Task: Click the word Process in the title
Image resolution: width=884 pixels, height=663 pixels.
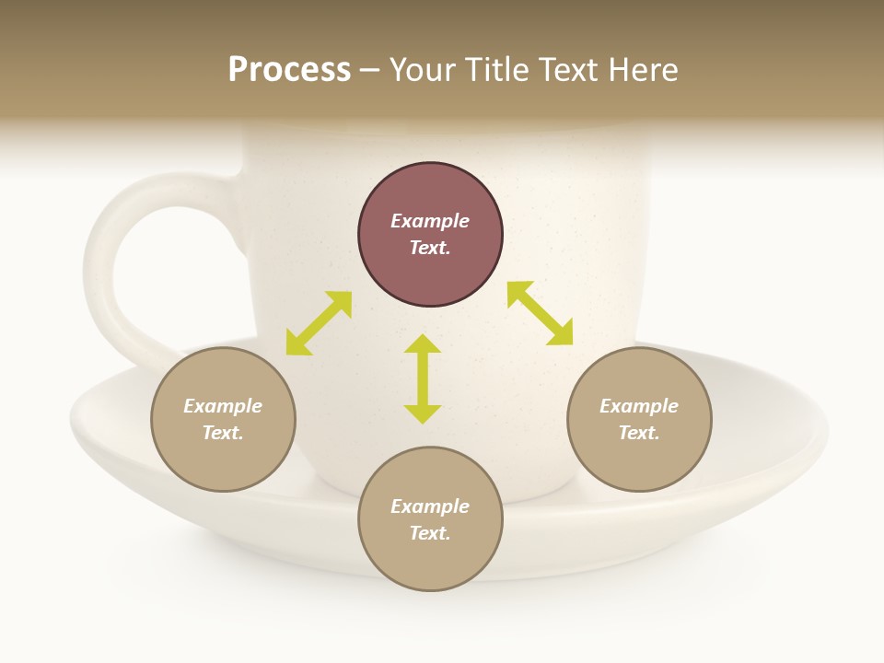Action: pyautogui.click(x=289, y=70)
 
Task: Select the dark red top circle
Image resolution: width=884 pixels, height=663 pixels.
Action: pyautogui.click(x=430, y=235)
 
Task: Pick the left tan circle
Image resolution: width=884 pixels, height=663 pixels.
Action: pyautogui.click(x=223, y=420)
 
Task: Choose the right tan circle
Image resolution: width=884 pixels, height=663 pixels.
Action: pyautogui.click(x=639, y=420)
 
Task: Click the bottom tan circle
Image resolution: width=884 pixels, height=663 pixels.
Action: pyautogui.click(x=430, y=519)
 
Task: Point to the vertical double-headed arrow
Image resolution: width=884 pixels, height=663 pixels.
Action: pyautogui.click(x=423, y=378)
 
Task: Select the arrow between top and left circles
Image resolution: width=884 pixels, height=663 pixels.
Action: pyautogui.click(x=319, y=323)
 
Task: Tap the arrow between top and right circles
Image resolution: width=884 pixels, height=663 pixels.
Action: pyautogui.click(x=541, y=313)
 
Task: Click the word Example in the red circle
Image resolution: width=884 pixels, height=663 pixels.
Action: pyautogui.click(x=430, y=221)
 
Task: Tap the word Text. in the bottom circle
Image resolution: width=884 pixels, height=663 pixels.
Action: pyautogui.click(x=430, y=533)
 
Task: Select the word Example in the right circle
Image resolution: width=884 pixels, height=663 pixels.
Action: pyautogui.click(x=639, y=406)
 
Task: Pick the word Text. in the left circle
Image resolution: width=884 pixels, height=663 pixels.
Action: pyautogui.click(x=223, y=433)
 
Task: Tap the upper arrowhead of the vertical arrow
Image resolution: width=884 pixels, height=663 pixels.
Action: pyautogui.click(x=423, y=343)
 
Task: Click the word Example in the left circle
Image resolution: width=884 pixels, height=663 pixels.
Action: pyautogui.click(x=223, y=406)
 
